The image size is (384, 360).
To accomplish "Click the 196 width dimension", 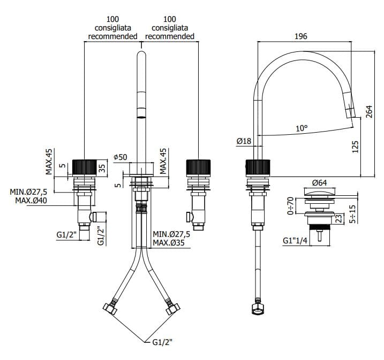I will point(300,36).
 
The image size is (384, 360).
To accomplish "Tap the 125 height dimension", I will point(356,146).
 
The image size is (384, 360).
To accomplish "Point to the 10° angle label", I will point(302,128).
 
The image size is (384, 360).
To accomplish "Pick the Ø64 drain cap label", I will point(320,183).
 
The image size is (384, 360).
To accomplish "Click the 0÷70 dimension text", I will point(291,206).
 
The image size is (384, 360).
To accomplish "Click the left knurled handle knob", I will point(86,167).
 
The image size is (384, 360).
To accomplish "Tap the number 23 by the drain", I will point(338,218).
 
